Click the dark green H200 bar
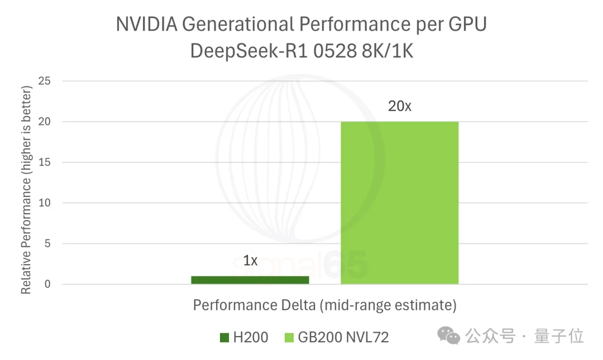coord(250,280)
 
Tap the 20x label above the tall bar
coord(399,105)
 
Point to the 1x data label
coord(250,261)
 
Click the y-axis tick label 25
coord(44,81)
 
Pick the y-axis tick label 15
coord(44,162)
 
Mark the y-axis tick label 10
coord(44,203)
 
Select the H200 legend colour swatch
coord(224,337)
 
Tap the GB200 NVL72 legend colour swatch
coord(289,337)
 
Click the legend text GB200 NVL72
coord(343,337)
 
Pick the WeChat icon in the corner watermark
coord(449,335)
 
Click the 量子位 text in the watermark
coord(559,336)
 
